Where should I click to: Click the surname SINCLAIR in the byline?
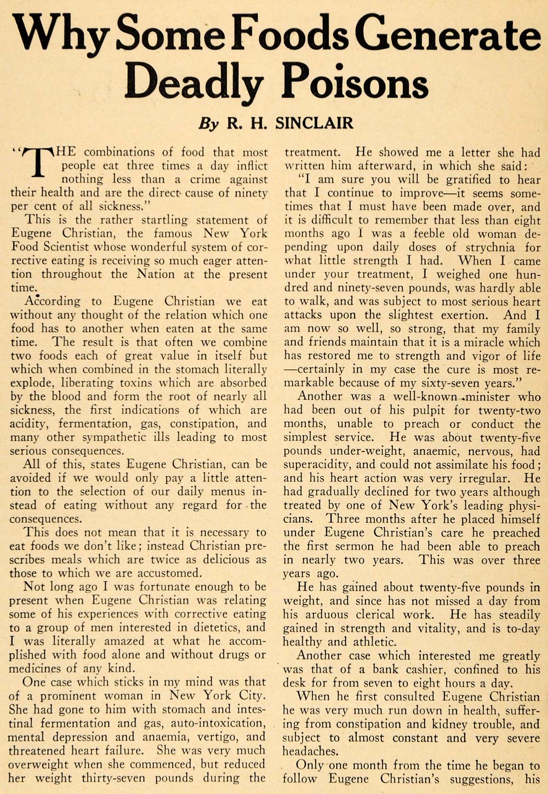click(x=314, y=122)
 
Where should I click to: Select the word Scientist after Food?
click(x=73, y=247)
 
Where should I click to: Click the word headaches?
click(x=310, y=751)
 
